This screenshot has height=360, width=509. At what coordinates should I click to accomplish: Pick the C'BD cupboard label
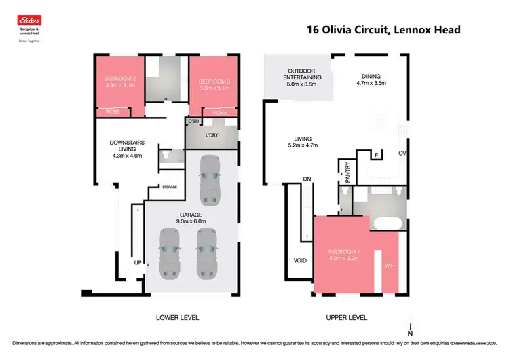tap(193, 122)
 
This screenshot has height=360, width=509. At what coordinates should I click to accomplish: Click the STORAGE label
tap(169, 187)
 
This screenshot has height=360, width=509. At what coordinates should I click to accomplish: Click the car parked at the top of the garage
tap(210, 179)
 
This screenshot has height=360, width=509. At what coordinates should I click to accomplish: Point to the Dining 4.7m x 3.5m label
tap(371, 80)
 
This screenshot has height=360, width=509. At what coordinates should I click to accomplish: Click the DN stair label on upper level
tap(307, 179)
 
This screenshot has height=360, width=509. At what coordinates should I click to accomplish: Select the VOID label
tap(299, 261)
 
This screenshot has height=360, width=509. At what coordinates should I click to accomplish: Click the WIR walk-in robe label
tap(390, 266)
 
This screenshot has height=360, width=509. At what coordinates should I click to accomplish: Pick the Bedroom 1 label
tap(343, 255)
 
